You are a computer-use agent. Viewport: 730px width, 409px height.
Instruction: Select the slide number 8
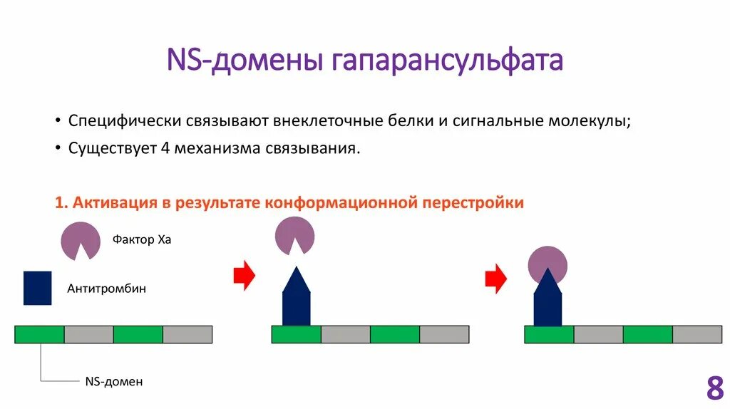pos(714,389)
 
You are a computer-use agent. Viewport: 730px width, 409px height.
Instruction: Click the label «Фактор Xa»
pos(142,240)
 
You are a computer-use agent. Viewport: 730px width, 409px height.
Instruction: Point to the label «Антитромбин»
pos(106,289)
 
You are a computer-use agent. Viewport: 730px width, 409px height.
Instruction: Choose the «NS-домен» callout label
pos(114,382)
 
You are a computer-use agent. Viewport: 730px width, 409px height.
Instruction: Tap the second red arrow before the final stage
pos(495,279)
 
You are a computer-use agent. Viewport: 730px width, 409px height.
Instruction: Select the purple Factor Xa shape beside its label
pos(80,239)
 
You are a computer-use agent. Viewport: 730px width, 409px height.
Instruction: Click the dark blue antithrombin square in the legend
pos(37,288)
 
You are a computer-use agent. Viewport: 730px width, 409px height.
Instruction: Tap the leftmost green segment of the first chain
pos(40,334)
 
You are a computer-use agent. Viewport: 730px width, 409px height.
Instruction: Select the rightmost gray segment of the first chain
pos(187,334)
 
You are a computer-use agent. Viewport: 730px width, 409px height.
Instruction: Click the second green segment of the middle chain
pos(394,334)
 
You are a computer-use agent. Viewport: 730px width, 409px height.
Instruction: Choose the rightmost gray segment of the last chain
pos(696,334)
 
